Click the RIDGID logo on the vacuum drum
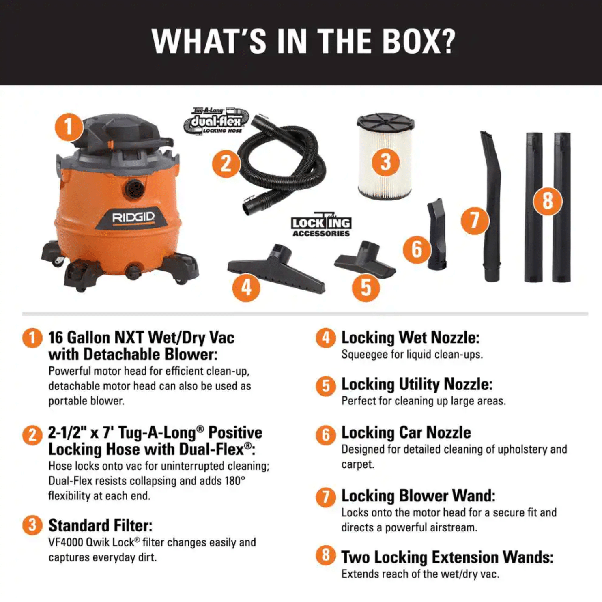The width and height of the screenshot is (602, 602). click(133, 218)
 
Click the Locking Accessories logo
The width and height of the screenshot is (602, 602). click(321, 225)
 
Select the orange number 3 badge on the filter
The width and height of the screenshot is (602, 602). click(385, 162)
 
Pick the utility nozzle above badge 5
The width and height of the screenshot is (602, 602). click(365, 260)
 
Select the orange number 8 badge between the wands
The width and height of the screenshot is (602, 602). click(548, 201)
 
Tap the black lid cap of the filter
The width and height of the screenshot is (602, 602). click(385, 122)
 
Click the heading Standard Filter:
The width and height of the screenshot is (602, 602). click(101, 525)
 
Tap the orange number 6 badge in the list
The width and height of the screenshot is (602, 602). click(326, 435)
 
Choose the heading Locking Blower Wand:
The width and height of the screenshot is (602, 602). click(418, 496)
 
